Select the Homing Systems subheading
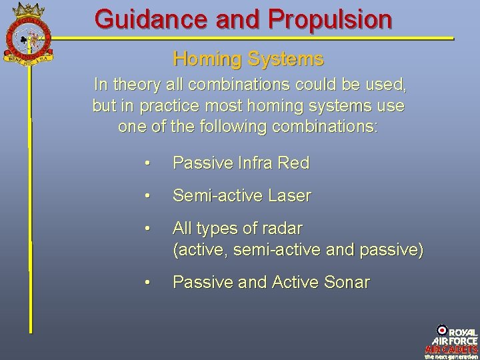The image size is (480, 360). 248,59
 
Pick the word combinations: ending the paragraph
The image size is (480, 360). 327,126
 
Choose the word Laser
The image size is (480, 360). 289,196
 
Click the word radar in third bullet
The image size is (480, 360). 283,229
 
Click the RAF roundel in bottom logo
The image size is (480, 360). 442,330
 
